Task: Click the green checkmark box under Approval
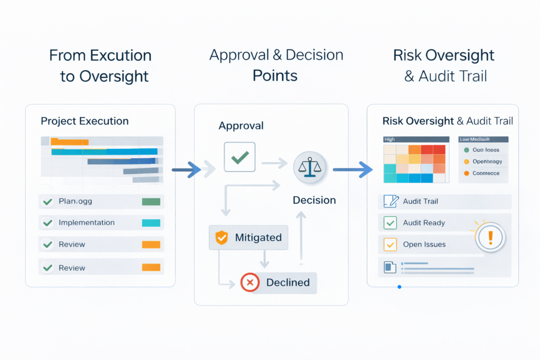tap(239, 157)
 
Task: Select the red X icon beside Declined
tap(250, 283)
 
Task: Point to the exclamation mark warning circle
tap(490, 238)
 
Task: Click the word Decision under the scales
tap(314, 200)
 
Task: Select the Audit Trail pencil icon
tap(391, 201)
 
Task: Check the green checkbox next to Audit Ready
tap(390, 223)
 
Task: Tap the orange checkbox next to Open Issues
tap(390, 245)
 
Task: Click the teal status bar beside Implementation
tap(151, 223)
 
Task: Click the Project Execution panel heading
tap(84, 121)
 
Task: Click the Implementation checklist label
tap(86, 223)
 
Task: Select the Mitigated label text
tap(258, 238)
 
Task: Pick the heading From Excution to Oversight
tap(100, 65)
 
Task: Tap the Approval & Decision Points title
tap(276, 65)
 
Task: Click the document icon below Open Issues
tap(390, 267)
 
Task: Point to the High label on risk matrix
tap(390, 140)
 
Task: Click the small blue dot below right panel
tap(399, 287)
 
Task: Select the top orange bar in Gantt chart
tap(70, 142)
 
